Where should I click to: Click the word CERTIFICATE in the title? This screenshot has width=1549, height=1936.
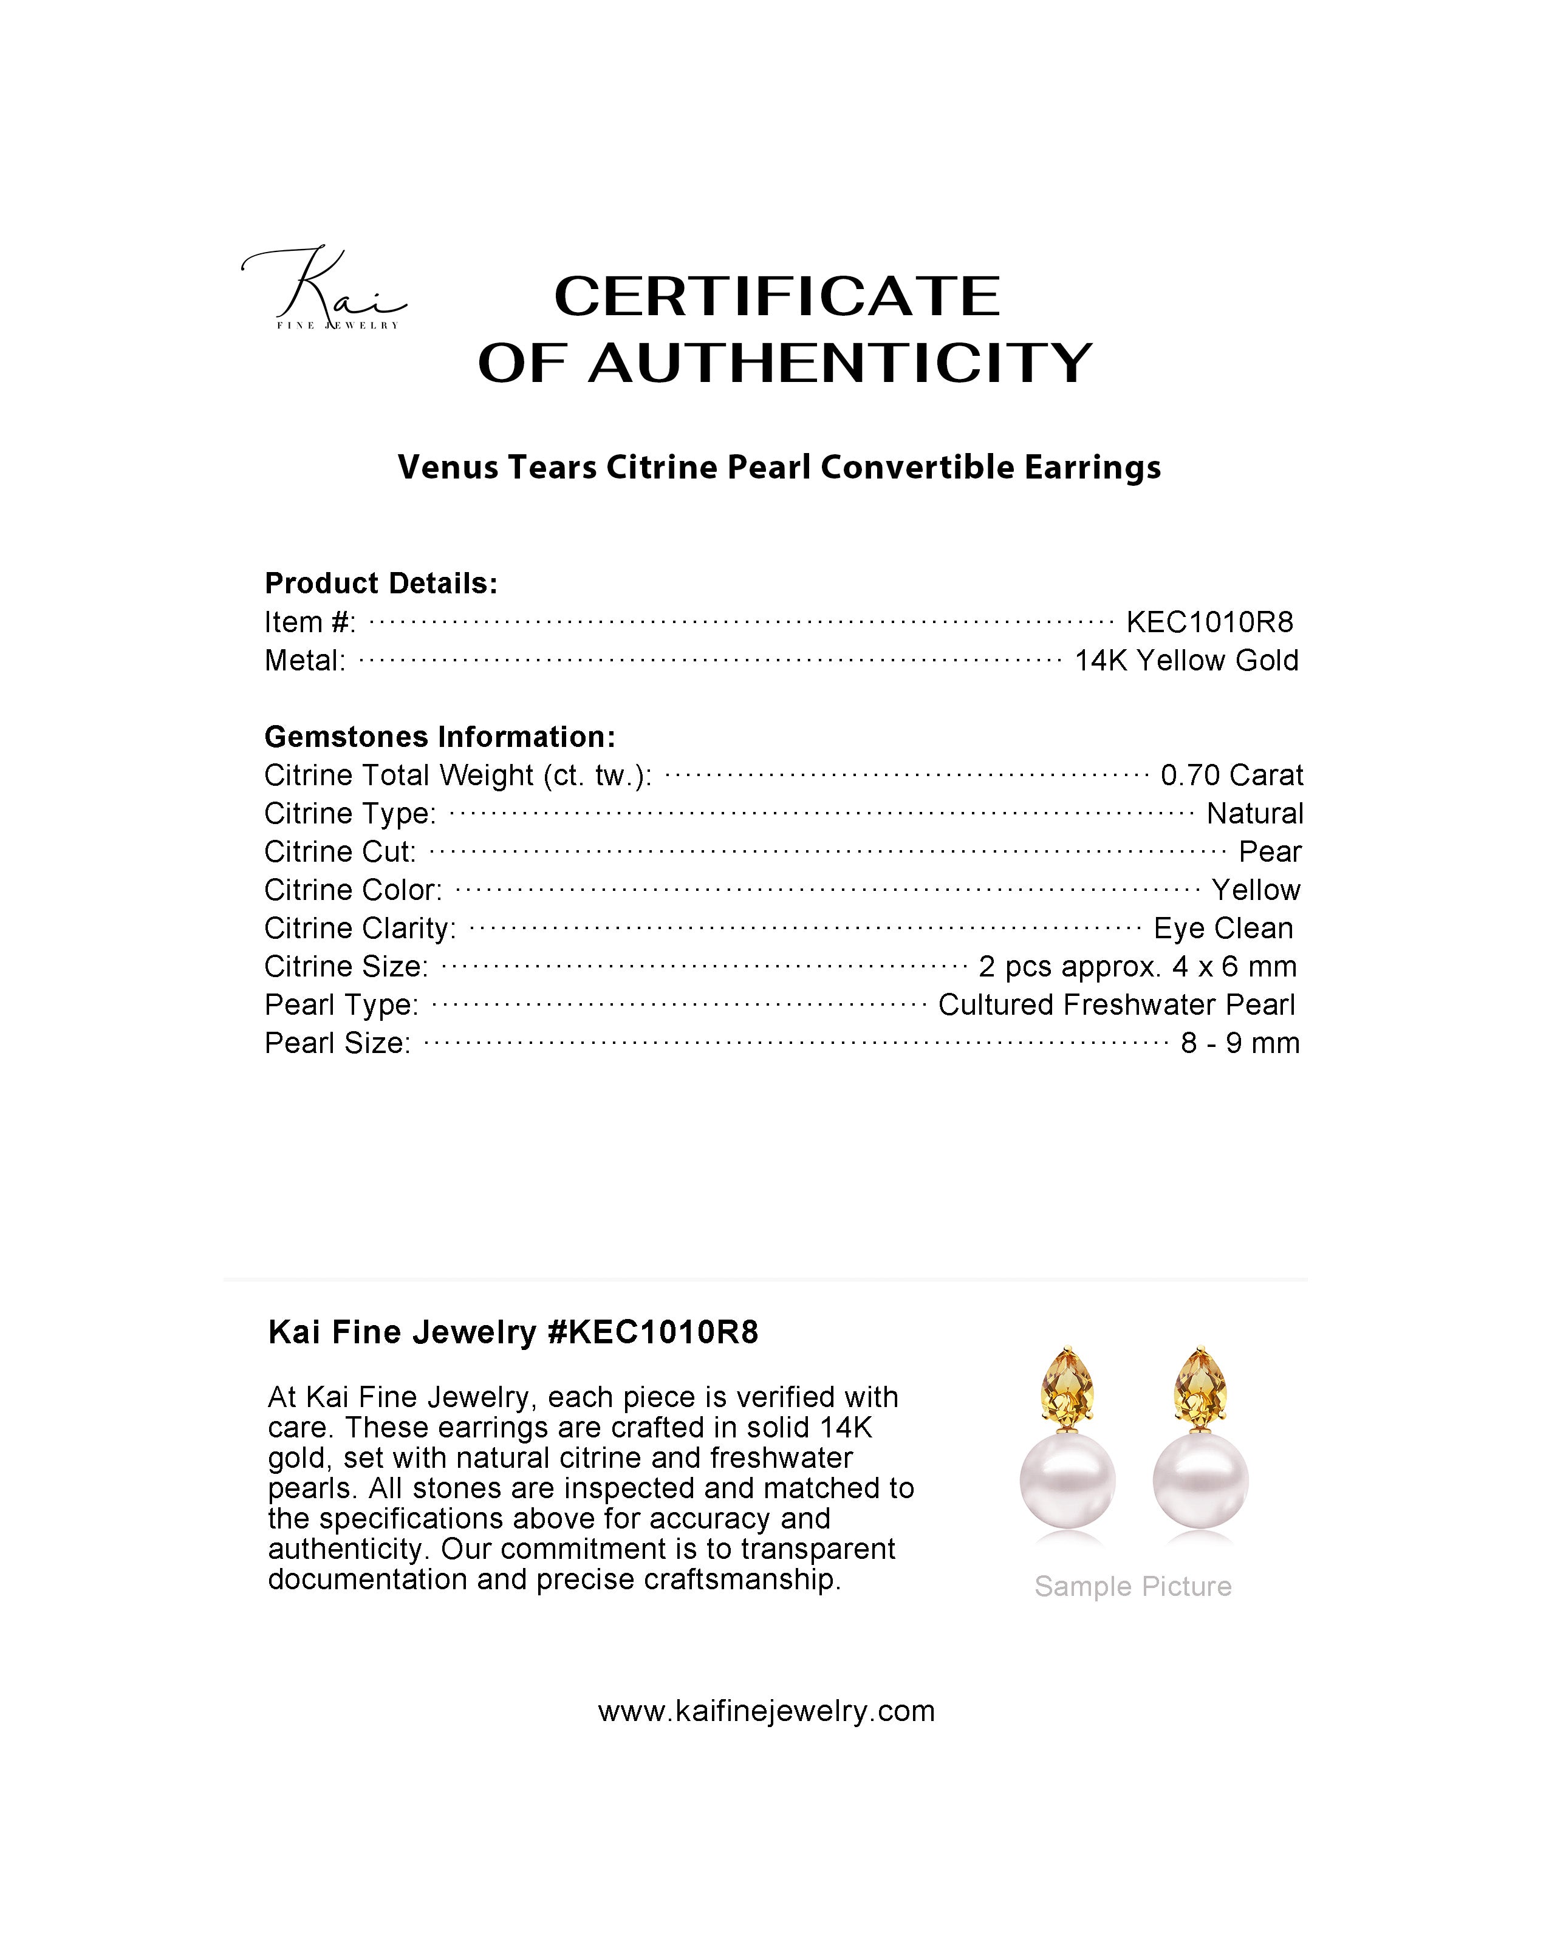(x=777, y=296)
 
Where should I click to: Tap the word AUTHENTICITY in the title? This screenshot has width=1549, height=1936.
(x=839, y=363)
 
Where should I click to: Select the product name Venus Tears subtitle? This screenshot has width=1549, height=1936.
(x=779, y=467)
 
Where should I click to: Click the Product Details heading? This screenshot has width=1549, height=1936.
(x=381, y=584)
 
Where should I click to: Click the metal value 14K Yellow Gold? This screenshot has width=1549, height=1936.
(x=1186, y=660)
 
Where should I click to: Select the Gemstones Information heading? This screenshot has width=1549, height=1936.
(x=440, y=737)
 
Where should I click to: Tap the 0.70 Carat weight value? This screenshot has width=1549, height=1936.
(x=1231, y=774)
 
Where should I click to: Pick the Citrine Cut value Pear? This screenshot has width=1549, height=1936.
(x=1270, y=851)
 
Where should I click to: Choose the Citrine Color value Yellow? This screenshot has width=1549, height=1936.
(x=1256, y=890)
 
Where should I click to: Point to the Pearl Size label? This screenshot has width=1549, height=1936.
(x=337, y=1043)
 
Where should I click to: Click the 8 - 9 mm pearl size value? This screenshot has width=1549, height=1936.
(x=1240, y=1043)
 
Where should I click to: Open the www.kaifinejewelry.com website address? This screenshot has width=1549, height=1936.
(x=766, y=1711)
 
